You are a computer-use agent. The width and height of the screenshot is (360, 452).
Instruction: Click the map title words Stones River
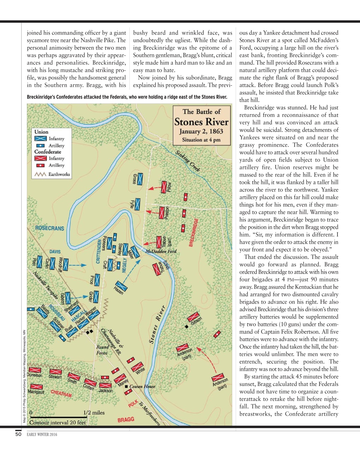[202, 122]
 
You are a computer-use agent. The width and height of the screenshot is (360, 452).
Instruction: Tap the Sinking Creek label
[188, 161]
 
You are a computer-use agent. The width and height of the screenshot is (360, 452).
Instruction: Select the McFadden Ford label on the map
[161, 251]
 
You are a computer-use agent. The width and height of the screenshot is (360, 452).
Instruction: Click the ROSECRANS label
[50, 228]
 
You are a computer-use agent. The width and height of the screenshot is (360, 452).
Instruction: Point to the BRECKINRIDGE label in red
[194, 232]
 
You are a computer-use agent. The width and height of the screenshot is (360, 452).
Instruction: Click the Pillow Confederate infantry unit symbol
[164, 187]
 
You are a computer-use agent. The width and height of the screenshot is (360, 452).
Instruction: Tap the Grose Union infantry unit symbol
[140, 179]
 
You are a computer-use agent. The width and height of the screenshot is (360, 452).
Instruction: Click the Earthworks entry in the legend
[59, 174]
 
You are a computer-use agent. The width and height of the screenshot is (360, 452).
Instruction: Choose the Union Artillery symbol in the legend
[41, 145]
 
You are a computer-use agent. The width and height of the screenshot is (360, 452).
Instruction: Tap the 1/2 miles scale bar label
[94, 412]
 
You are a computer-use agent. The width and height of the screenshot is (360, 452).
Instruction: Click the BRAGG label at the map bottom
[126, 420]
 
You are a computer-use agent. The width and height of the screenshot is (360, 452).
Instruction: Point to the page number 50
[19, 434]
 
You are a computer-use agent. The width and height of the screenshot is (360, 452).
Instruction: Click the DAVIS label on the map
[55, 252]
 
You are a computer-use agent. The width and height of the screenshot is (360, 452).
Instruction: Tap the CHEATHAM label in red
[61, 393]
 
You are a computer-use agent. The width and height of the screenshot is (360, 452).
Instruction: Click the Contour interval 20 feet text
[58, 422]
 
